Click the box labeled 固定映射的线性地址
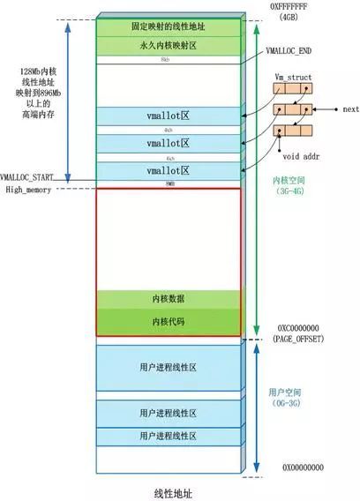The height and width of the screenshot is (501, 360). click(x=168, y=27)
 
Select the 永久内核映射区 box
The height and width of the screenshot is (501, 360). click(x=168, y=46)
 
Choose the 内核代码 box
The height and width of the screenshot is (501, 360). click(x=168, y=320)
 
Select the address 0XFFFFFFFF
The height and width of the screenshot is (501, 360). click(x=304, y=7)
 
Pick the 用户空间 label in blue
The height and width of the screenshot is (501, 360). click(x=285, y=392)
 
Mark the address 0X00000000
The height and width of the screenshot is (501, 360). click(x=304, y=466)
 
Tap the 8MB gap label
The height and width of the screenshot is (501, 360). click(x=168, y=184)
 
